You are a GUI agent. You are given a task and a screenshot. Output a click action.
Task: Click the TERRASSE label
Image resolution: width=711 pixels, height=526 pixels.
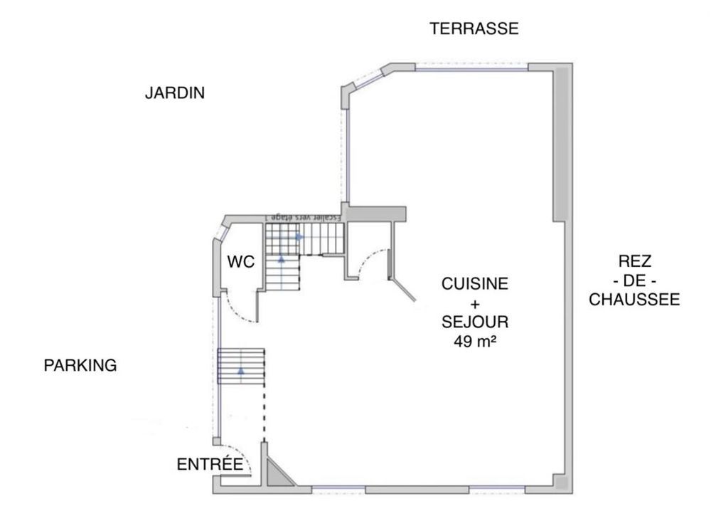474,28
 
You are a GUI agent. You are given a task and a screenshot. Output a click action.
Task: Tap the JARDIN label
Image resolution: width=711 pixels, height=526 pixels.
175,93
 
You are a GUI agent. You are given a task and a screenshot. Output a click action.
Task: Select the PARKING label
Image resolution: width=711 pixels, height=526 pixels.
80,366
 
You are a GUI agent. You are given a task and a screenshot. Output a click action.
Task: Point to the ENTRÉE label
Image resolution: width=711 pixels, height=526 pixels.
210,465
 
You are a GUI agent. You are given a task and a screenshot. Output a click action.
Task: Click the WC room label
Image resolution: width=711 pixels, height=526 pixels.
240,262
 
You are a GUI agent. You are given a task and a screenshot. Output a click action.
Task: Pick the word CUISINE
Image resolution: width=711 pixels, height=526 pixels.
475,284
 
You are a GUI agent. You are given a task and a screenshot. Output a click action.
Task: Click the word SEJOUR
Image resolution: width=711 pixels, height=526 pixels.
475,322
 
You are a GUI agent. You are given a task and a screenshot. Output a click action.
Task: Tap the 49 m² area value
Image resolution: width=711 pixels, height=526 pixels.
475,341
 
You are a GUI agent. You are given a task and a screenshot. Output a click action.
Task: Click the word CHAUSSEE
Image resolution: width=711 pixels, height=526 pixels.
634,300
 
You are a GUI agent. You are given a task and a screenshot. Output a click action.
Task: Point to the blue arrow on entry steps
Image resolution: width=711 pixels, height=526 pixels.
241,371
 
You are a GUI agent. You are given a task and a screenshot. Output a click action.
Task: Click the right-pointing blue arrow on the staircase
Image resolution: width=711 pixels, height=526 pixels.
299,236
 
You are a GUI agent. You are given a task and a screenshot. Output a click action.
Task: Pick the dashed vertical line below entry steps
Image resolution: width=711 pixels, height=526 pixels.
264,413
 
